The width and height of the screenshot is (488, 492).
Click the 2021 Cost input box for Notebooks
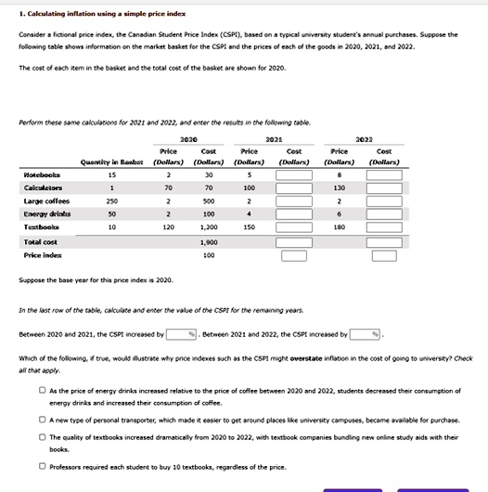click(x=293, y=174)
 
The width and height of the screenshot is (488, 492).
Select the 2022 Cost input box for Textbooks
click(x=383, y=226)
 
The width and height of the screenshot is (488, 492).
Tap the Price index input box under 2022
click(x=383, y=254)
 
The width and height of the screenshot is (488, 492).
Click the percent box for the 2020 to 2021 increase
click(x=183, y=334)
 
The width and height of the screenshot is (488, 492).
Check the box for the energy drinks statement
click(x=41, y=391)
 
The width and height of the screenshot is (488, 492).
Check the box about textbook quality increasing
click(x=41, y=436)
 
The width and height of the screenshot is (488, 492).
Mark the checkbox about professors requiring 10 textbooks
click(x=41, y=466)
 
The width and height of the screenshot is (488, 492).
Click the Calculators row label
click(x=44, y=187)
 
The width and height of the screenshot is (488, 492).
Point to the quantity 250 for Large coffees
click(x=112, y=200)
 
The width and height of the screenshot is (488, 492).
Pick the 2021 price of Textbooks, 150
click(x=249, y=226)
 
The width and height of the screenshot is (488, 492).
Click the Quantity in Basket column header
click(x=112, y=160)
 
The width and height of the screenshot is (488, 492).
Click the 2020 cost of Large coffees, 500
click(x=209, y=200)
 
